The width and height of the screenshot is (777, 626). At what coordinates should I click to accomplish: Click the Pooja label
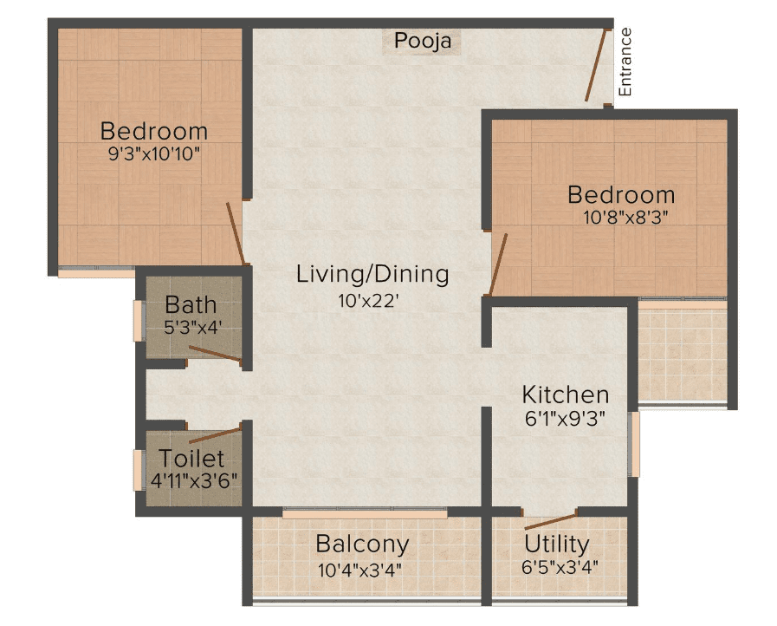[423, 41]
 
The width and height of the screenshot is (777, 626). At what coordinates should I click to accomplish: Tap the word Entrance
[625, 62]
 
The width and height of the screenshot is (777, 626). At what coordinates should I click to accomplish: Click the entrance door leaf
[596, 66]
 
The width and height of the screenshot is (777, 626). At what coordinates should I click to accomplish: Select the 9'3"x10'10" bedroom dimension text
[154, 153]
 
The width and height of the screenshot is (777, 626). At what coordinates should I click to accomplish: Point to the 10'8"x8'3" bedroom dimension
[626, 218]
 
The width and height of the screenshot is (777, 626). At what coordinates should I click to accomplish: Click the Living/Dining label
[372, 274]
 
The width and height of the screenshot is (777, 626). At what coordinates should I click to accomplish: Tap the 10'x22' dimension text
[368, 301]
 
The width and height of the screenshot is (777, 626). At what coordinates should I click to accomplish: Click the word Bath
[191, 304]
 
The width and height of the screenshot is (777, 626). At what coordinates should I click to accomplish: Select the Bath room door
[215, 353]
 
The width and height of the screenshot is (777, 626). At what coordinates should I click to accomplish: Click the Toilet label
[191, 459]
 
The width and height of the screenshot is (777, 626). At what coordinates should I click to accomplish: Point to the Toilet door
[215, 435]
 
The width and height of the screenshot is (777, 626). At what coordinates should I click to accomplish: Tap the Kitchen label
[566, 395]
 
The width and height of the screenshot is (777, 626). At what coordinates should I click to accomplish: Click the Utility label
[557, 544]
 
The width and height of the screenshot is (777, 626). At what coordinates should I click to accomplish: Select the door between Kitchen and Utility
[551, 522]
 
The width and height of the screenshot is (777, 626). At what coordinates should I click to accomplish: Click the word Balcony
[362, 544]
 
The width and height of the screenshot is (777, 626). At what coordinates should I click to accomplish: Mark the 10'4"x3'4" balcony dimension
[359, 571]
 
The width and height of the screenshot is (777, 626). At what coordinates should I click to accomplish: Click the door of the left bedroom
[236, 233]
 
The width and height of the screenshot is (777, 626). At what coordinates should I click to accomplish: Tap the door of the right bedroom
[498, 264]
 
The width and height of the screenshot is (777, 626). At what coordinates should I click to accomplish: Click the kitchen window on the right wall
[634, 445]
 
